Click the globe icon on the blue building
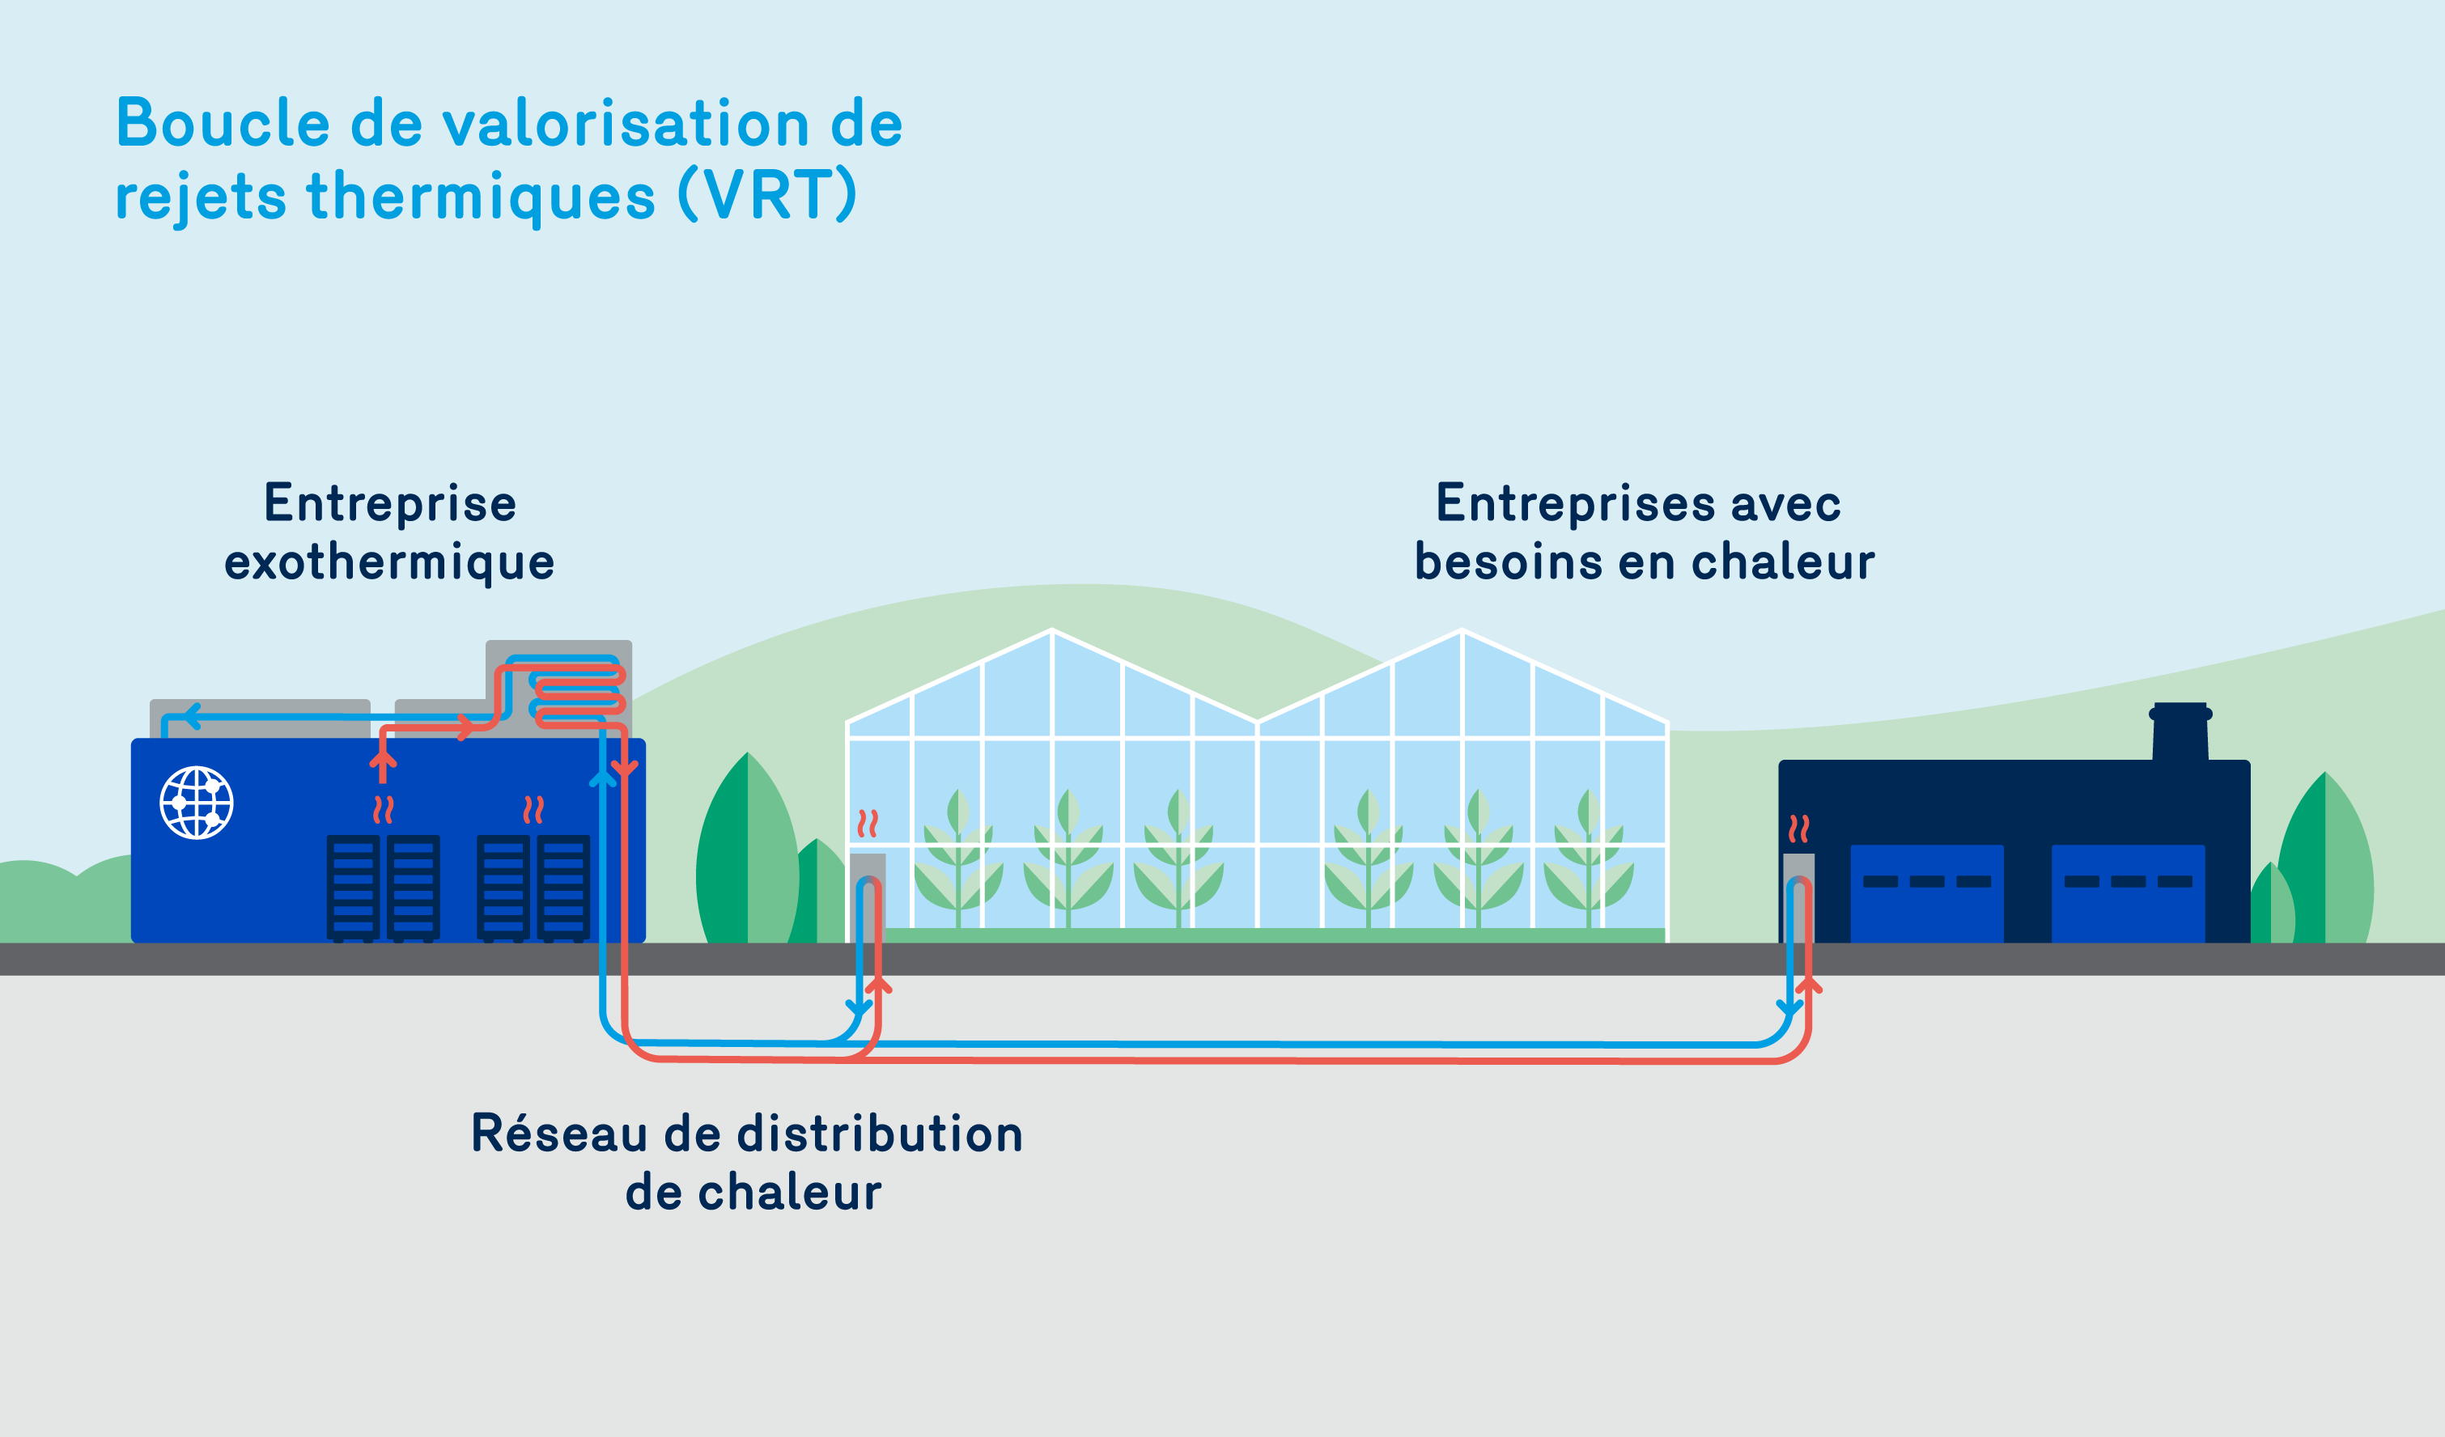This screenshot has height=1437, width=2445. click(196, 803)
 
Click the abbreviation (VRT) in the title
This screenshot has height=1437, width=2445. click(767, 195)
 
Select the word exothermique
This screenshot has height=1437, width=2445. click(389, 563)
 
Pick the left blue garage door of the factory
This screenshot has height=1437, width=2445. click(1927, 892)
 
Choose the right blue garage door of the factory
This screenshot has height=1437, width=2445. click(2128, 892)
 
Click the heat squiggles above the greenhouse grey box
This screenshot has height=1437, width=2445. click(868, 824)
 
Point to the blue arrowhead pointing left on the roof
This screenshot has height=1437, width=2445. click(191, 717)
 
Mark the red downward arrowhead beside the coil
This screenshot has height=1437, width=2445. click(625, 768)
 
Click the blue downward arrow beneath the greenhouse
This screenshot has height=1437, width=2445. click(858, 1007)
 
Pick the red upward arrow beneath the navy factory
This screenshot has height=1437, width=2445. click(1809, 986)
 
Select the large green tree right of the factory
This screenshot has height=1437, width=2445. click(2324, 863)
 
